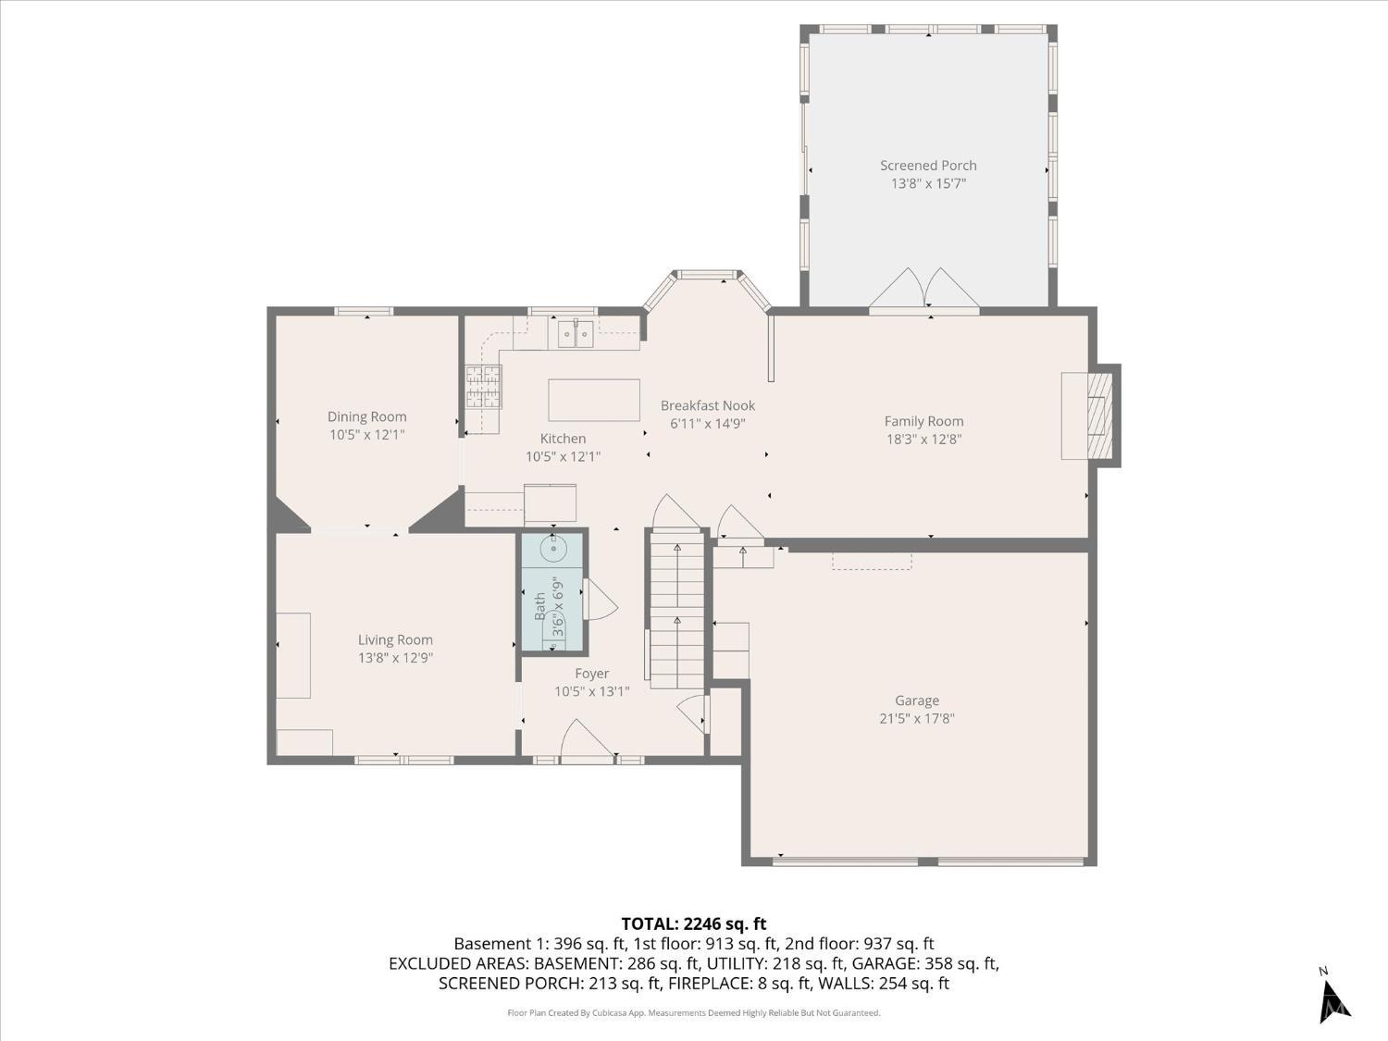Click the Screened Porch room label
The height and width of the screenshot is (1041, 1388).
pyautogui.click(x=928, y=166)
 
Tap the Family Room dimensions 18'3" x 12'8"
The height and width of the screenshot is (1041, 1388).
pyautogui.click(x=923, y=440)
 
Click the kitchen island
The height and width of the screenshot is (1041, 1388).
pyautogui.click(x=594, y=400)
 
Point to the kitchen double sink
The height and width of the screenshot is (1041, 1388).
pyautogui.click(x=575, y=332)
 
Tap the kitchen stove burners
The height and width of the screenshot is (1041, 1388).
pyautogui.click(x=483, y=387)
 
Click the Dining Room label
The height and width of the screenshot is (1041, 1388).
pyautogui.click(x=367, y=416)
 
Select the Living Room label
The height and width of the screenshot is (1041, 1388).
pyautogui.click(x=395, y=639)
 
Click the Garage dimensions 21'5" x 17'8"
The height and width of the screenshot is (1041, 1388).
pyautogui.click(x=916, y=718)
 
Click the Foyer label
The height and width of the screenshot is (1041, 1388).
pyautogui.click(x=591, y=674)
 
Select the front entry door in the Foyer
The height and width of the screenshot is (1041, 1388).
pyautogui.click(x=586, y=743)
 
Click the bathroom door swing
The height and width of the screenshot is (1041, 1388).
pyautogui.click(x=599, y=601)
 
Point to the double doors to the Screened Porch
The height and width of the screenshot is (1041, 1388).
pyautogui.click(x=924, y=290)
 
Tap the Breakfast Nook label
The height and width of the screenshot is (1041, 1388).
pyautogui.click(x=708, y=405)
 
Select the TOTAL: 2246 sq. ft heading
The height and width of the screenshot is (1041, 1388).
pyautogui.click(x=693, y=923)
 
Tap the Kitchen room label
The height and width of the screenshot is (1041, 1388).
pyautogui.click(x=563, y=439)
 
